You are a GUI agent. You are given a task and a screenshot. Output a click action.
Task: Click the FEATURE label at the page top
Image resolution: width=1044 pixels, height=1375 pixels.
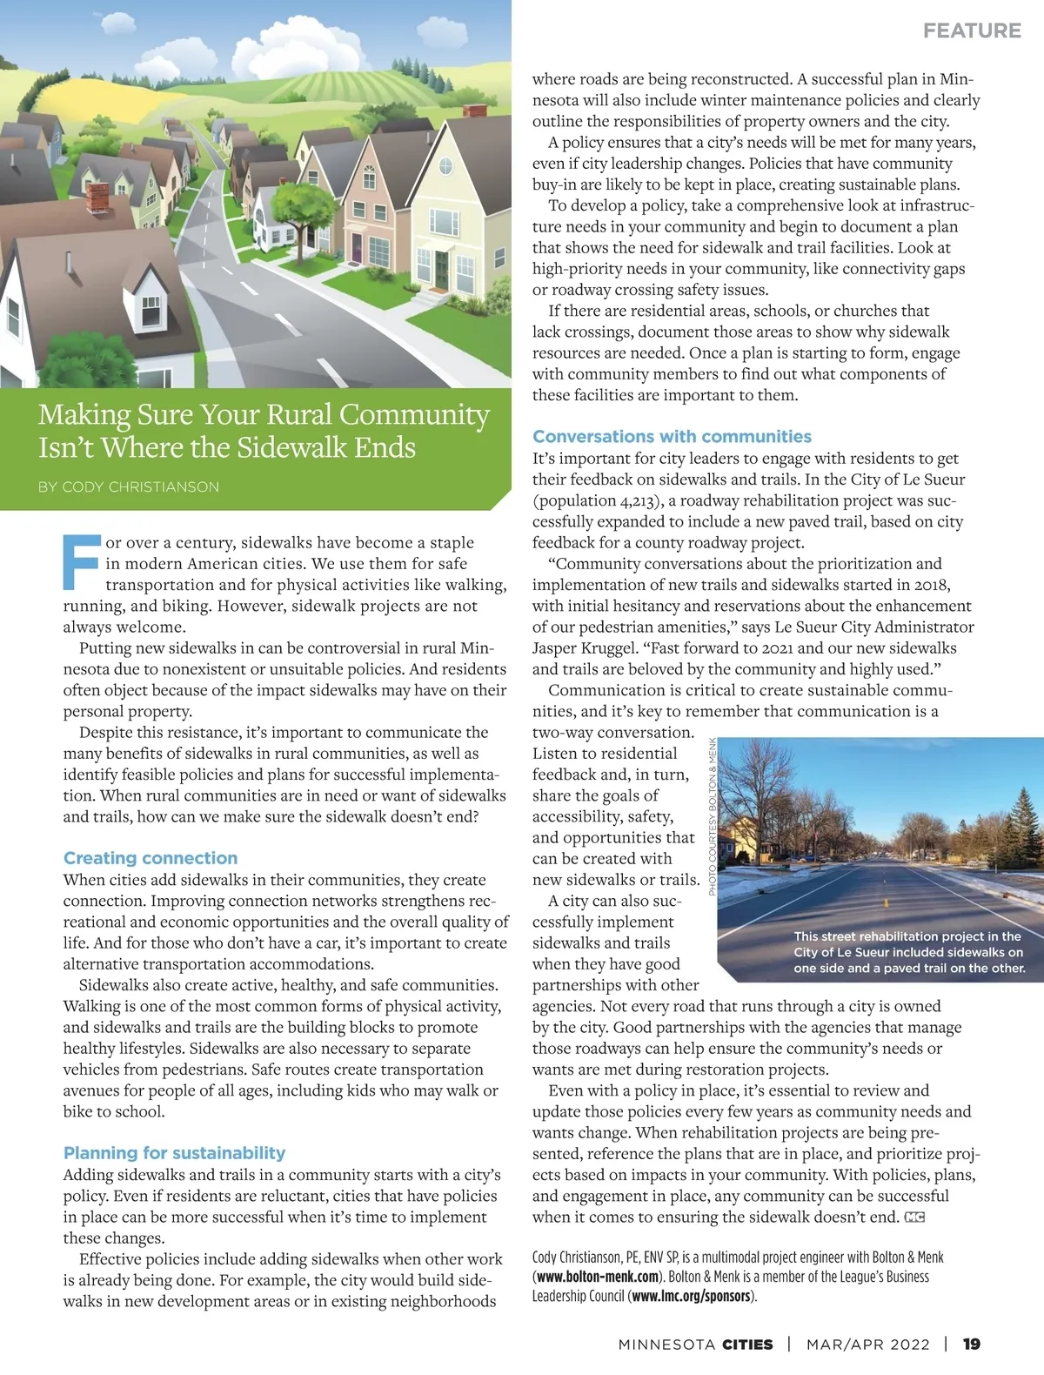[972, 30]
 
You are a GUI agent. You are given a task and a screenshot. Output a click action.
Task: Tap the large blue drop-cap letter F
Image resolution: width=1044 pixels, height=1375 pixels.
[82, 562]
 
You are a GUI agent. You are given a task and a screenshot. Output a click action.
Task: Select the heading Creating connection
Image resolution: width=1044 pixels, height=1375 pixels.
[151, 858]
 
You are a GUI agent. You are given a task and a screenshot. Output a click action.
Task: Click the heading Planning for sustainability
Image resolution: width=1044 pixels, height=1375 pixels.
[174, 1153]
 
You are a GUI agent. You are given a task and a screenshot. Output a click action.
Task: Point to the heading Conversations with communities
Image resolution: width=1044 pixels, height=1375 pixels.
[672, 437]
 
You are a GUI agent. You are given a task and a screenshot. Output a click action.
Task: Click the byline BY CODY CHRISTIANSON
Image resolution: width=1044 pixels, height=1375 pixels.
[129, 486]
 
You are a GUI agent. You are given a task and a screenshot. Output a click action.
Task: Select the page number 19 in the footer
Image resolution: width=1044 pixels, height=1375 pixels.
[972, 1344]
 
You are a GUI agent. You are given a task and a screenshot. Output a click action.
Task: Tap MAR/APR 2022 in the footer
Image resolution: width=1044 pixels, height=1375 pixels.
[867, 1344]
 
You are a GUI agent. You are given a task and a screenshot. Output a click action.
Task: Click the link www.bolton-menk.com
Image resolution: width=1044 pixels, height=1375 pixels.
[597, 1278]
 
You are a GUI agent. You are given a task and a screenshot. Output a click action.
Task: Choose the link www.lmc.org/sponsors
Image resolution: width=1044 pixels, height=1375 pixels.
[691, 1297]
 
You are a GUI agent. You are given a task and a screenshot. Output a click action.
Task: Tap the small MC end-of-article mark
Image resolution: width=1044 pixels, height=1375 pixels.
[914, 1217]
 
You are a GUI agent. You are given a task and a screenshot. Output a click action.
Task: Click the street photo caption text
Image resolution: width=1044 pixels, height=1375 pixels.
[908, 952]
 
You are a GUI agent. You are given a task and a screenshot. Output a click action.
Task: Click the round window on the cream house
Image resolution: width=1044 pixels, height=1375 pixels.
[445, 165]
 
